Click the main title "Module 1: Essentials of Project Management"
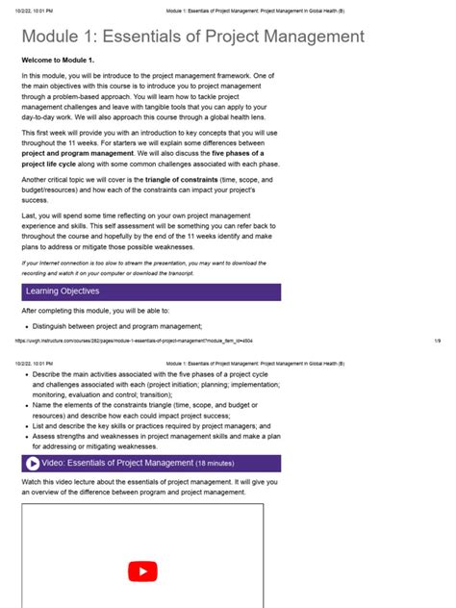pyautogui.click(x=193, y=38)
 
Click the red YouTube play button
pyautogui.click(x=142, y=571)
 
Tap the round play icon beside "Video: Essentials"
pyautogui.click(x=32, y=463)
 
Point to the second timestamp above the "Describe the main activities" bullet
pyautogui.click(x=34, y=364)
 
